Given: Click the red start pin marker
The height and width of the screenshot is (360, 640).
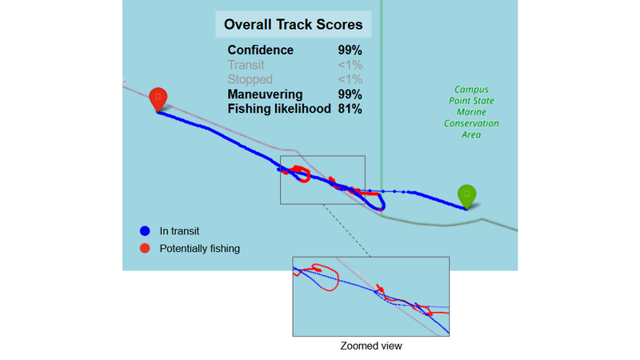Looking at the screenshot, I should click(x=158, y=98).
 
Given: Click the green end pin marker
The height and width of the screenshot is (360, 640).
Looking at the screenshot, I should click(x=466, y=194).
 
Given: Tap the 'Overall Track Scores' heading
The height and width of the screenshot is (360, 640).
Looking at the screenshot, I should click(x=293, y=25).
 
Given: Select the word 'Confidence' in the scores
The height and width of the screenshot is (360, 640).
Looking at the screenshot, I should click(x=260, y=50).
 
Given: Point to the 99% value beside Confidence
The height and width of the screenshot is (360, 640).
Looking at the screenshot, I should click(x=350, y=50).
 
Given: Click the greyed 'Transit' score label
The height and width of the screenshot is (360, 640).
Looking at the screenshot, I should click(x=246, y=65).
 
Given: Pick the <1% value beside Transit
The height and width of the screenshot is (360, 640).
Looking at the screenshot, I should click(x=350, y=65).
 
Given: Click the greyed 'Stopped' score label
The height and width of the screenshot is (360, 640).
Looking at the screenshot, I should click(x=250, y=79).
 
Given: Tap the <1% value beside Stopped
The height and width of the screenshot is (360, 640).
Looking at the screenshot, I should click(x=350, y=79).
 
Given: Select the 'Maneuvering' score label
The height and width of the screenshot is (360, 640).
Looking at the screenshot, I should click(x=266, y=94).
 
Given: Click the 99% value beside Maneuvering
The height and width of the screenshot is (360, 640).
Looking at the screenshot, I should click(x=350, y=94).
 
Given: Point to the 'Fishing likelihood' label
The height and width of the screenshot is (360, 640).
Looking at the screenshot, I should click(x=279, y=108).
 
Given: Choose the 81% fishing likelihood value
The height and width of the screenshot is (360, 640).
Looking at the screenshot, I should click(x=350, y=108).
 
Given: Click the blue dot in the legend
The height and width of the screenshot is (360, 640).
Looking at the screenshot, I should click(x=145, y=231).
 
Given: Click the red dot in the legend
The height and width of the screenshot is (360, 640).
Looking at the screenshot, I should click(x=145, y=248).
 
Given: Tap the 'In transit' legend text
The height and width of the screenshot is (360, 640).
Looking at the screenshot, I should click(x=179, y=231).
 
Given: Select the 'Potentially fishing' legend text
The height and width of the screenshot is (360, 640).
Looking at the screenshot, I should click(x=199, y=248).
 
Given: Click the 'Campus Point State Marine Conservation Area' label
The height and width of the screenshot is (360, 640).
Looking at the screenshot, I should click(x=470, y=112).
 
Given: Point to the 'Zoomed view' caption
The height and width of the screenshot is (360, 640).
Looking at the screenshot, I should click(x=370, y=346).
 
